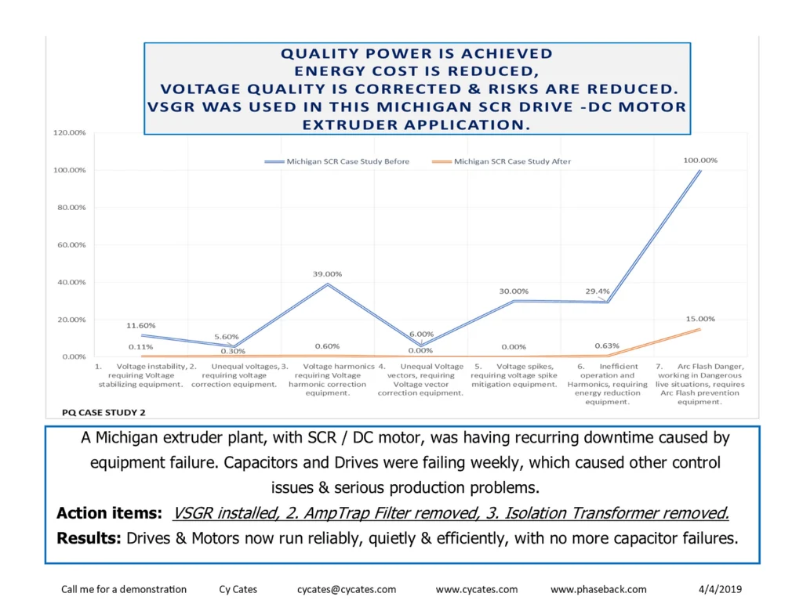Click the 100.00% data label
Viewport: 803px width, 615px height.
700,160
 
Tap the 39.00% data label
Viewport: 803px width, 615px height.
327,274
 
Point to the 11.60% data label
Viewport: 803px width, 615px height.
141,325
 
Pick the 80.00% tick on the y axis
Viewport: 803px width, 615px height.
69,208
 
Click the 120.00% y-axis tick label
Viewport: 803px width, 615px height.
69,133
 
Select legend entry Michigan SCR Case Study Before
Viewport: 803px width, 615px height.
347,161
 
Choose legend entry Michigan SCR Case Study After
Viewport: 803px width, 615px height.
512,161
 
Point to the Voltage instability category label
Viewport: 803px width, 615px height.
141,375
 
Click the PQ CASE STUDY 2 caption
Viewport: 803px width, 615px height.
104,411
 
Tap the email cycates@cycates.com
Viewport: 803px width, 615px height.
347,589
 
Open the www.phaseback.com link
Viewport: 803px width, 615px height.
598,589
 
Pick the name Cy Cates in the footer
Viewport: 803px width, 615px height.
239,589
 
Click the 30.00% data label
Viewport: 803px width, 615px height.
514,291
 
